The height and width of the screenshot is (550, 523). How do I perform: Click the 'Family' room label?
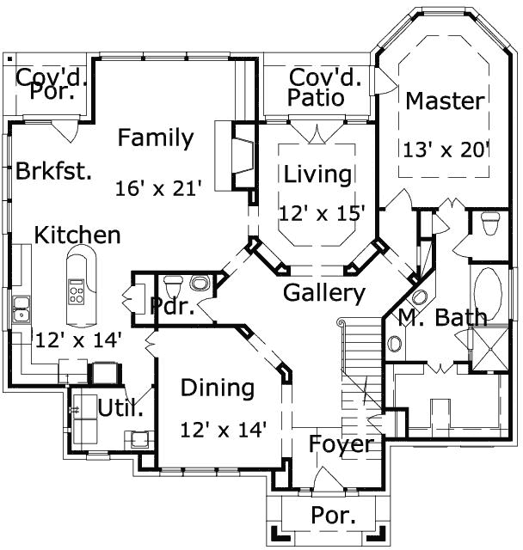coord(156,137)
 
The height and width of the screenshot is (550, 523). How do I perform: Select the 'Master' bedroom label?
coord(445,101)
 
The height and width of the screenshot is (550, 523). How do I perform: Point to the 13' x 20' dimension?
coord(446,149)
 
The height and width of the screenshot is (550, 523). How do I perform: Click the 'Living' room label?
coord(318,174)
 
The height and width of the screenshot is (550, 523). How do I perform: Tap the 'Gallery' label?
coord(324,293)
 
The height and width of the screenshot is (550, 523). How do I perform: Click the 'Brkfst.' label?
coord(53,170)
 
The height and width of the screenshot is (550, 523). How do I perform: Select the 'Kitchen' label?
coord(77,235)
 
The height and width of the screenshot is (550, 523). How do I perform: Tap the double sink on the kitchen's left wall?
coord(21,309)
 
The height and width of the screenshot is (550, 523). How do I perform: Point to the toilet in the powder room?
coord(171,284)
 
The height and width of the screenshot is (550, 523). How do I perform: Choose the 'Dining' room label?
coord(218,388)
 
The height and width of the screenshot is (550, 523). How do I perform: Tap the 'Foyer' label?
coord(341,444)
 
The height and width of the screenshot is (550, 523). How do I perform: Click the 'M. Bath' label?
coord(442,317)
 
